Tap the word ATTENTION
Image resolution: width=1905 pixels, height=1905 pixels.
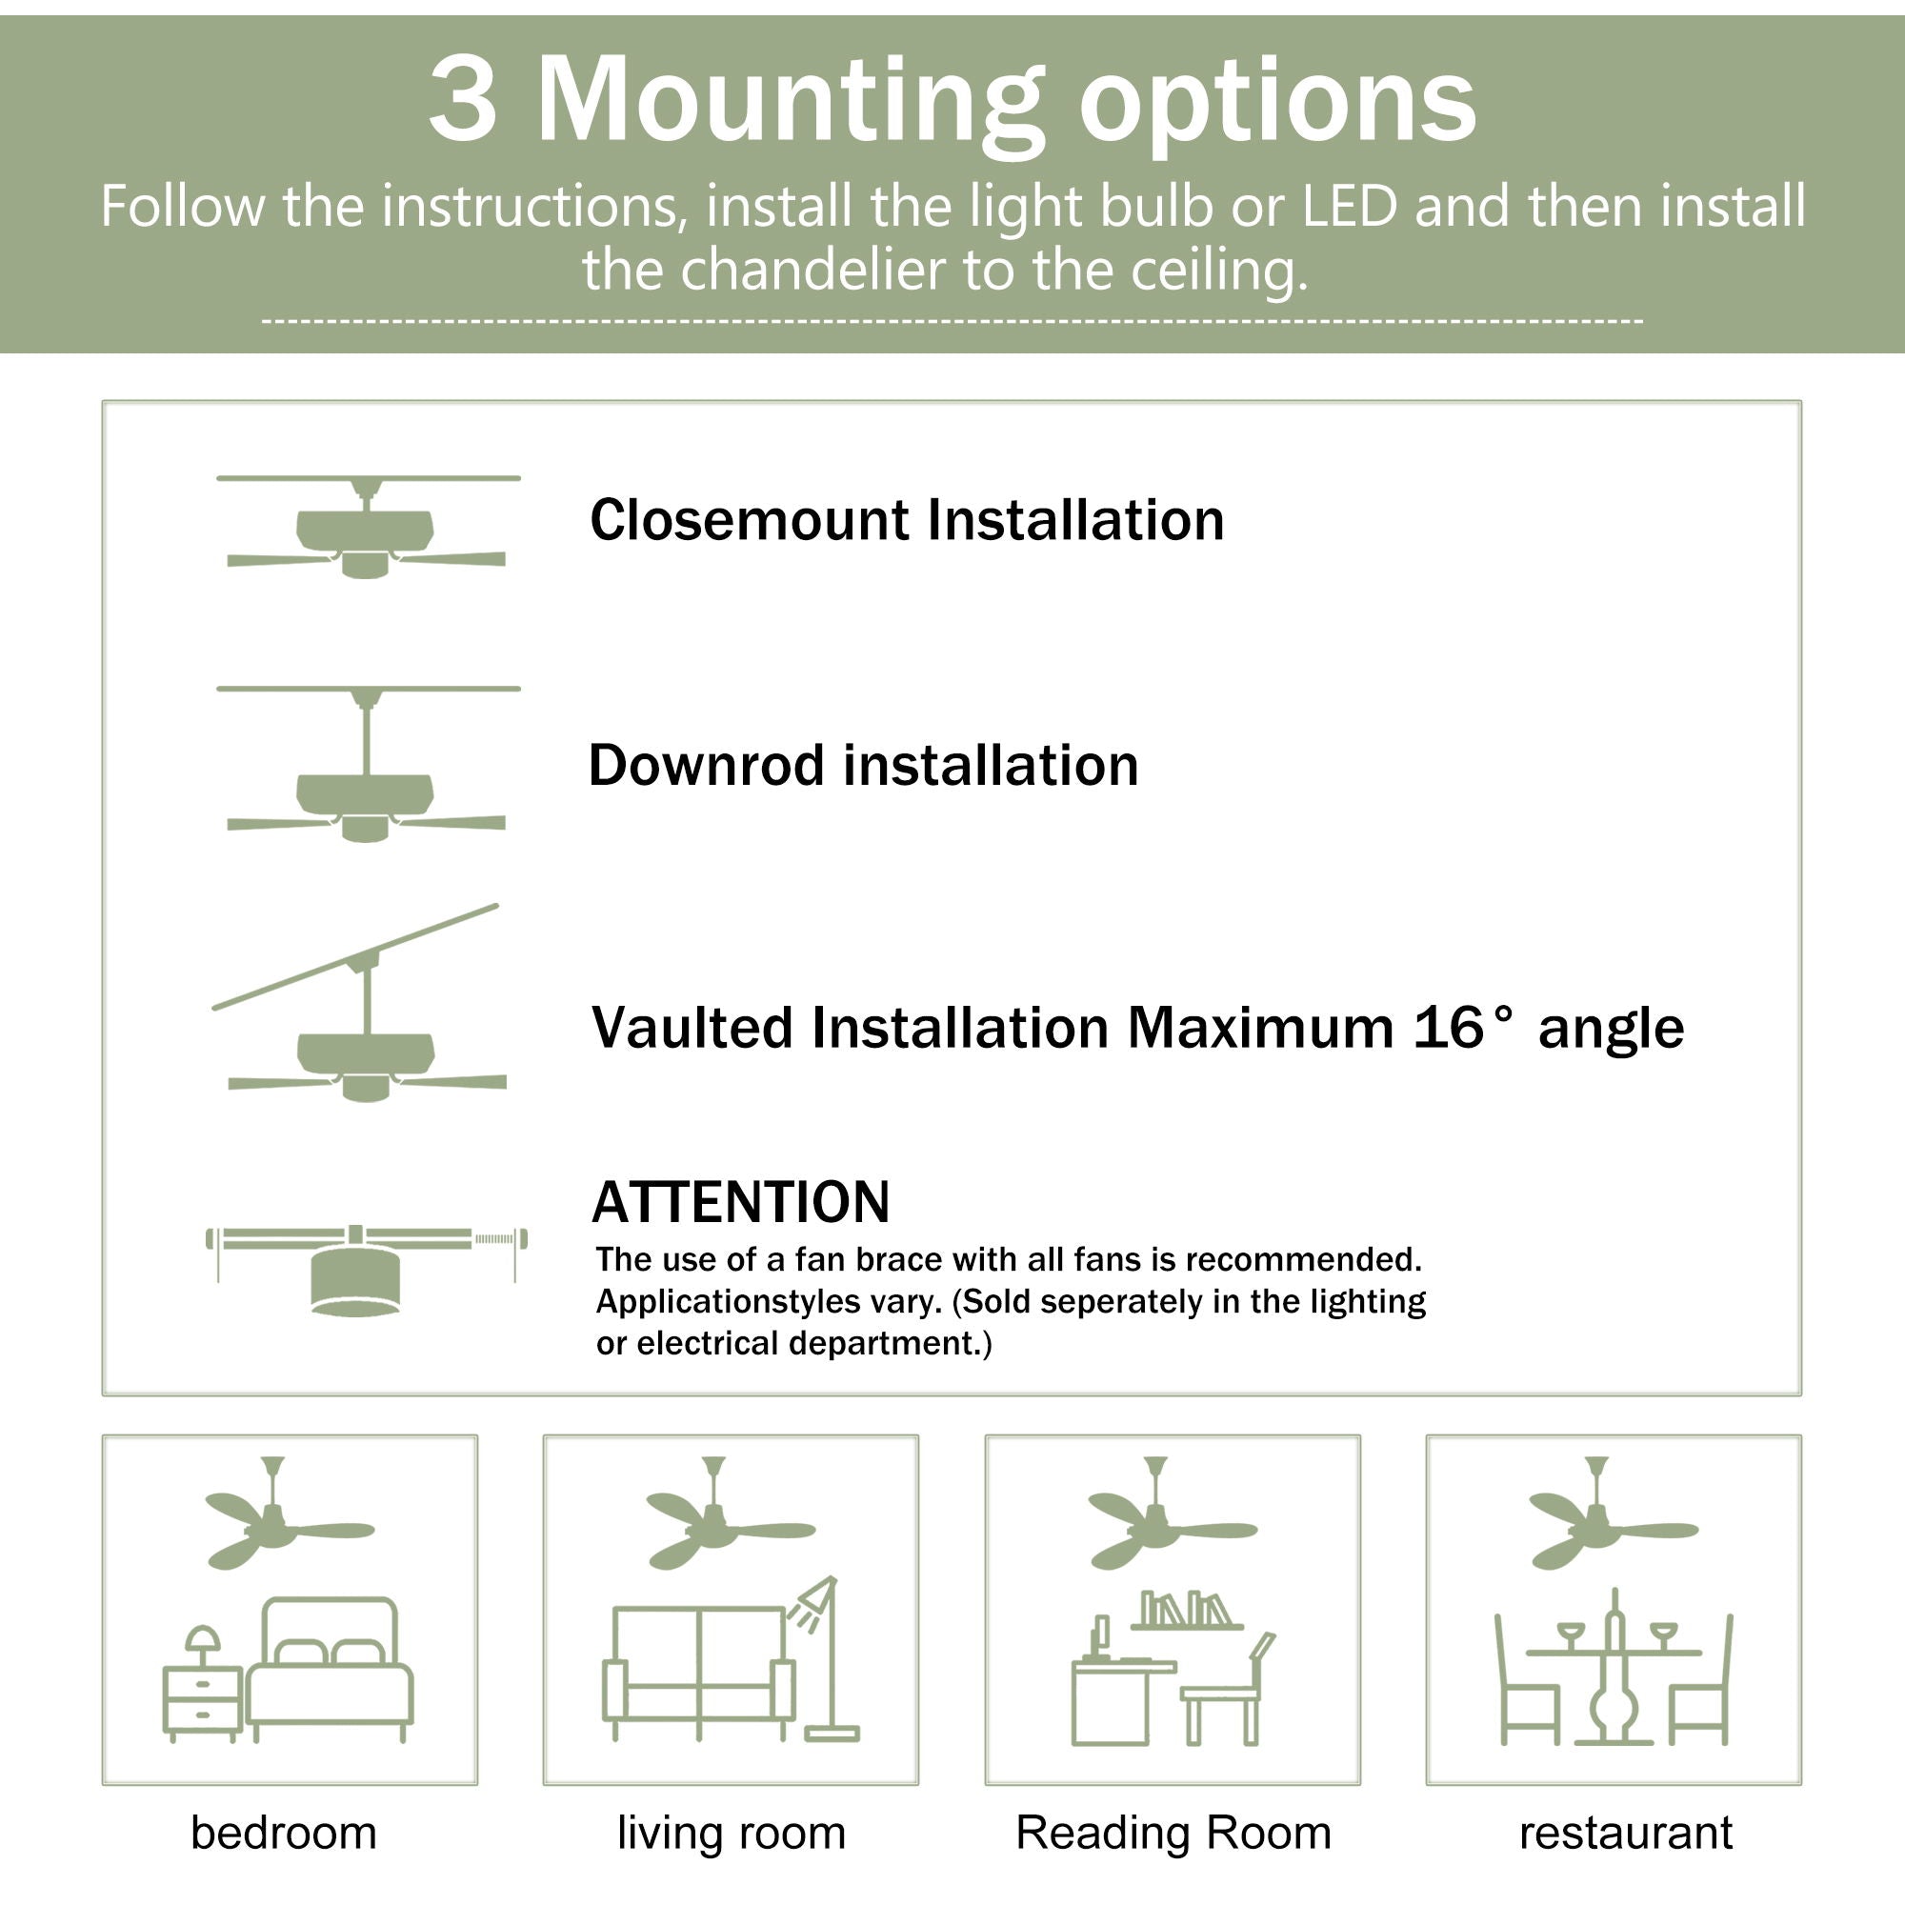tap(739, 1202)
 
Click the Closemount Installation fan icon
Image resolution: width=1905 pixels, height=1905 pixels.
tap(366, 528)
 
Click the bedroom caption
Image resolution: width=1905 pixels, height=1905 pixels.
tap(284, 1833)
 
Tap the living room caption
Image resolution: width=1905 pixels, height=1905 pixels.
tap(731, 1833)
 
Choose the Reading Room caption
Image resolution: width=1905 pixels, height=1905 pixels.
tap(1173, 1833)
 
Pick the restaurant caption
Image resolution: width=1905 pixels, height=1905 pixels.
tap(1625, 1833)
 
